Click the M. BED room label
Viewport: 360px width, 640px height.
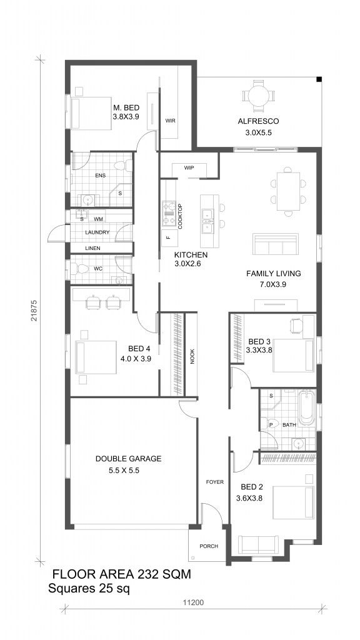point(126,108)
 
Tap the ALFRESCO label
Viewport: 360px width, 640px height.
point(258,121)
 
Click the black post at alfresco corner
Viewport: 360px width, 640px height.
point(319,79)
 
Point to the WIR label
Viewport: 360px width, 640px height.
point(170,121)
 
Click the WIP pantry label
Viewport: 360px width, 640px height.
point(189,167)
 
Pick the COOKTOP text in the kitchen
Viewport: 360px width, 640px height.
point(180,216)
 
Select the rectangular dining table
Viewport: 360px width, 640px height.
point(288,191)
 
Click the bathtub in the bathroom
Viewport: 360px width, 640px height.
point(306,409)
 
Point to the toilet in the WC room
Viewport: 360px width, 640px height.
point(81,269)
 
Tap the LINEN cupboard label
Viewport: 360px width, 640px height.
point(92,248)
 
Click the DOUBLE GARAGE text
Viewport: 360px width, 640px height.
point(129,459)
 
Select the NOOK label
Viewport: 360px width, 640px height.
point(192,356)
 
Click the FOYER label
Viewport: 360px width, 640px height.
point(215,482)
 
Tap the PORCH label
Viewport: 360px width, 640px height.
point(209,546)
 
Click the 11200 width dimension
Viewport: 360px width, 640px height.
point(193,602)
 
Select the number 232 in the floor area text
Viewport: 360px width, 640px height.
point(144,574)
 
